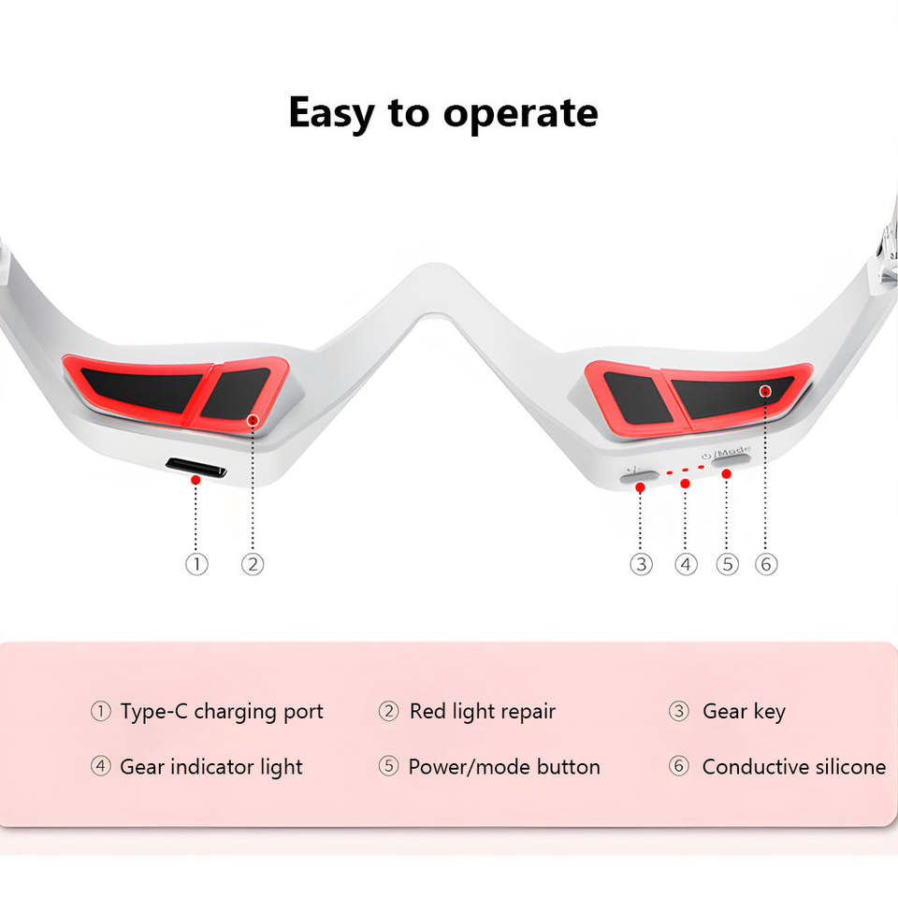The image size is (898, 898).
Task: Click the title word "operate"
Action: (520, 114)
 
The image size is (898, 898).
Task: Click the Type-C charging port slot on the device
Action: (196, 467)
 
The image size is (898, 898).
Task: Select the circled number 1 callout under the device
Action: (196, 564)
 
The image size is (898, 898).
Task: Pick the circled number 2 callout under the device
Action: (253, 564)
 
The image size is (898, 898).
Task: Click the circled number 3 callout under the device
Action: (641, 564)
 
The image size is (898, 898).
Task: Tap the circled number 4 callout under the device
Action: (687, 564)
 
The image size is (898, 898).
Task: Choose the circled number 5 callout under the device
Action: (727, 564)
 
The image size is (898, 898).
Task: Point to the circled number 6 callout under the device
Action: (766, 564)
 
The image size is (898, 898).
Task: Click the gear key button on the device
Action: (639, 476)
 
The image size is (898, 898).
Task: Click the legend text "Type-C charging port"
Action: (222, 711)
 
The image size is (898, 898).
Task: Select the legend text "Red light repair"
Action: (483, 711)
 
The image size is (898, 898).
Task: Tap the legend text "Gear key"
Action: (744, 711)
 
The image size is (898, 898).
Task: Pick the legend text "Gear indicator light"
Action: (211, 767)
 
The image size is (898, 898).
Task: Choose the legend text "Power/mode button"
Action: (504, 767)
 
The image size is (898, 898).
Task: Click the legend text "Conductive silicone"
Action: (793, 767)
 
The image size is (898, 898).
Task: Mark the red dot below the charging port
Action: (196, 480)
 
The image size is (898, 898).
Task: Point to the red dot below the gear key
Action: (640, 488)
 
